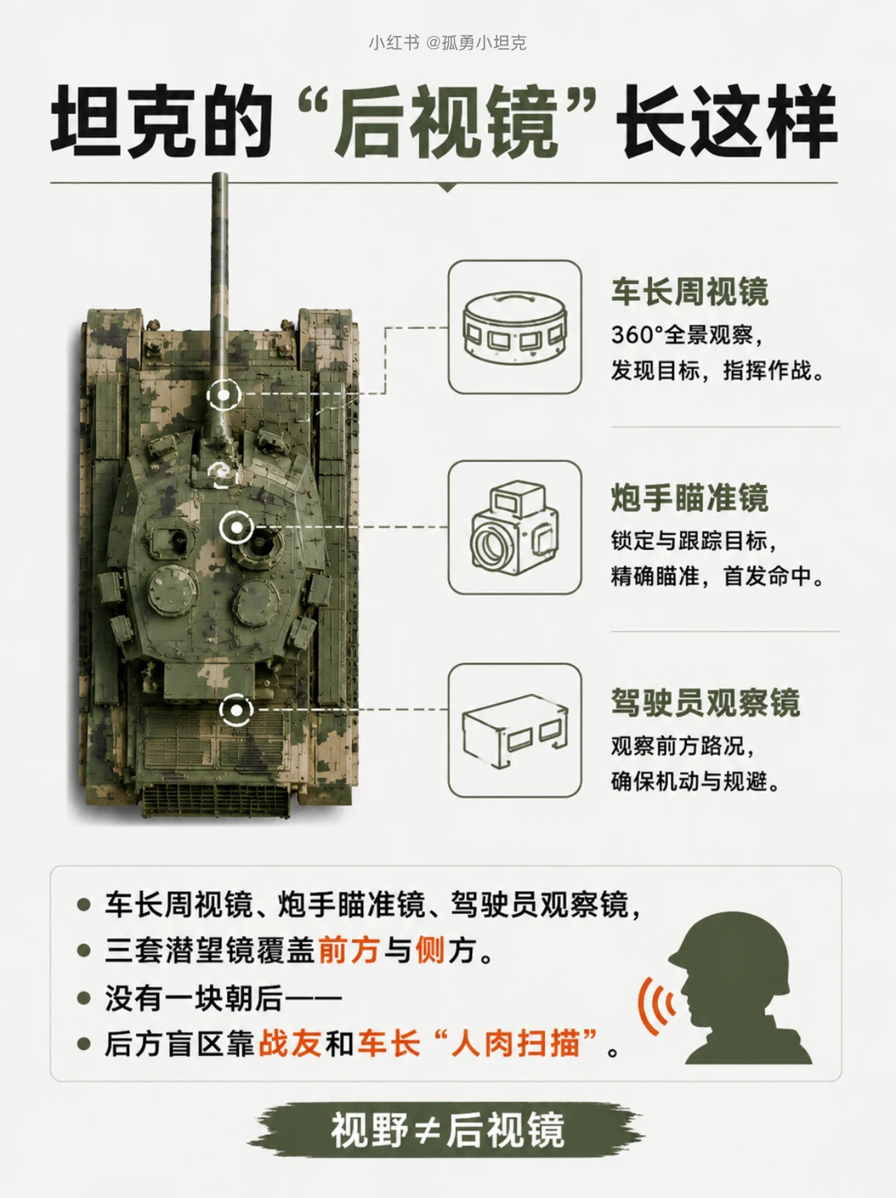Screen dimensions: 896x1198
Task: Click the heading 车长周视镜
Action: pyautogui.click(x=689, y=292)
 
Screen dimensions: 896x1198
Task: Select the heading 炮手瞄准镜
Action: pyautogui.click(x=689, y=497)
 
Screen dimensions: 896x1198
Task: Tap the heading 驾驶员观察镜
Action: pyautogui.click(x=705, y=702)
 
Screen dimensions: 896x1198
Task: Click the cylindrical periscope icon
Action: pyautogui.click(x=515, y=326)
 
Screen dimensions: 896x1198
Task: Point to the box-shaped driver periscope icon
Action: pyautogui.click(x=515, y=731)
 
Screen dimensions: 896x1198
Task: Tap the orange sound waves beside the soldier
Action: pyautogui.click(x=655, y=1005)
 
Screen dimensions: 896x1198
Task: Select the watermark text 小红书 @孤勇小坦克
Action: pyautogui.click(x=447, y=42)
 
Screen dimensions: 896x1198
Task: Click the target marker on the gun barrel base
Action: pyautogui.click(x=224, y=394)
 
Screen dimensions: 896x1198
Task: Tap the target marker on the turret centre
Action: pyautogui.click(x=236, y=527)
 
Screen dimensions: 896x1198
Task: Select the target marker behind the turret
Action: pyautogui.click(x=236, y=710)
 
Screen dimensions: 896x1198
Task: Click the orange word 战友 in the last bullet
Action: pyautogui.click(x=289, y=1043)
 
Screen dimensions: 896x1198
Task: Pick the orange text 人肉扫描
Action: pyautogui.click(x=515, y=1043)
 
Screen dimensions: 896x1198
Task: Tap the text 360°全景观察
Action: pyautogui.click(x=682, y=335)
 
